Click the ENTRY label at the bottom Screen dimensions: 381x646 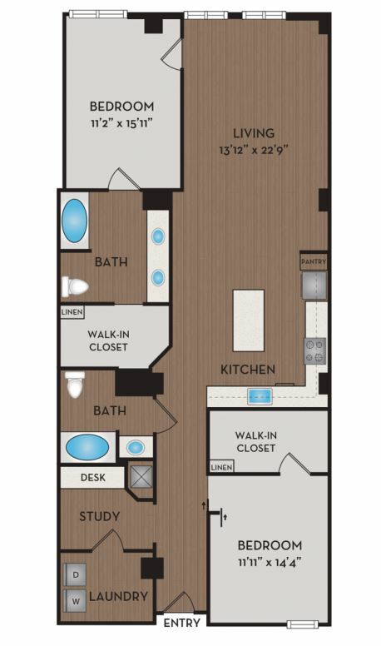[x=181, y=623]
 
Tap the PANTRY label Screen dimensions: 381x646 [x=314, y=261]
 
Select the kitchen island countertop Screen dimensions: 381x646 [x=249, y=321]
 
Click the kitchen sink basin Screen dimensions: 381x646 [x=260, y=396]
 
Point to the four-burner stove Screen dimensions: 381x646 [x=315, y=351]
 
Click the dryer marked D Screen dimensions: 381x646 [x=76, y=574]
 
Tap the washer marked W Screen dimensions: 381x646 [x=76, y=601]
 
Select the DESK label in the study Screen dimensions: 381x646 [x=93, y=478]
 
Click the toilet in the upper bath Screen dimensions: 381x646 [x=75, y=286]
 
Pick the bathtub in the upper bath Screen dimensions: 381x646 [x=75, y=221]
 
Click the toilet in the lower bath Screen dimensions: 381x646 [x=75, y=385]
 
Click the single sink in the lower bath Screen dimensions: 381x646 [x=135, y=447]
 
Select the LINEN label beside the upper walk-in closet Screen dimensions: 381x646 [x=72, y=312]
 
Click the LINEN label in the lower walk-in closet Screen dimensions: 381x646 [x=221, y=467]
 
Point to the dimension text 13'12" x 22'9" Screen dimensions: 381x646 [x=254, y=150]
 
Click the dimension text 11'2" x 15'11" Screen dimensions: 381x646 [x=122, y=123]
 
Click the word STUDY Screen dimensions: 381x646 [x=100, y=516]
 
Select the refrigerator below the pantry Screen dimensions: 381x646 [x=314, y=285]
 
